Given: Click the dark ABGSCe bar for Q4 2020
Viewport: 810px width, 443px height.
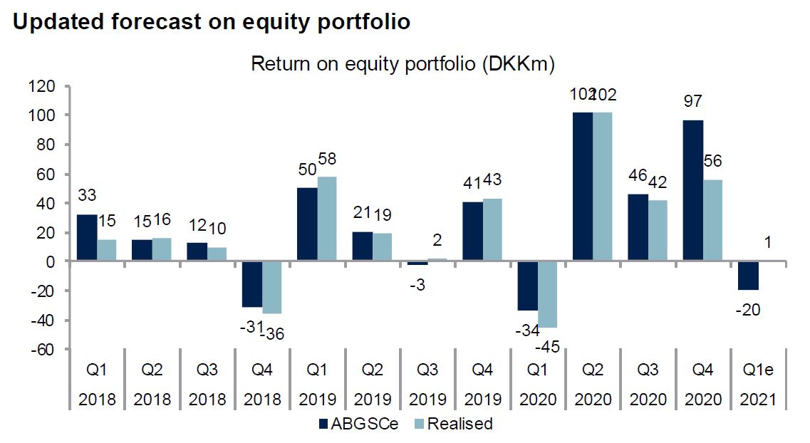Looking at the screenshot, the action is pyautogui.click(x=692, y=190).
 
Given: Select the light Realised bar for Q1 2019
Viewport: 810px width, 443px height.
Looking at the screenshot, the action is pyautogui.click(x=326, y=219).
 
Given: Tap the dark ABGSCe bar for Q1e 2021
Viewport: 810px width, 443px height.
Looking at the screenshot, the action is pyautogui.click(x=748, y=275).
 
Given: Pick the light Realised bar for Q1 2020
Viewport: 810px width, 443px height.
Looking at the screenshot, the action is pyautogui.click(x=547, y=294).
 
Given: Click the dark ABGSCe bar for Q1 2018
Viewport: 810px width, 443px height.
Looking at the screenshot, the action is pyautogui.click(x=87, y=237).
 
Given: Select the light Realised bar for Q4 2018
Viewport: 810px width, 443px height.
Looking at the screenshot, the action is pyautogui.click(x=271, y=287).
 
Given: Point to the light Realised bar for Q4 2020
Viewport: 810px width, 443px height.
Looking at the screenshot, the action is pyautogui.click(x=713, y=220).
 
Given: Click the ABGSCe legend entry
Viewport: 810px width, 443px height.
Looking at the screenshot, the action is pyautogui.click(x=358, y=424).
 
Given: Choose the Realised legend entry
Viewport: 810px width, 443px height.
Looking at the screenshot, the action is pyautogui.click(x=454, y=424).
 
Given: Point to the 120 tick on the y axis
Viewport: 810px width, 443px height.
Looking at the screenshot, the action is pyautogui.click(x=42, y=86).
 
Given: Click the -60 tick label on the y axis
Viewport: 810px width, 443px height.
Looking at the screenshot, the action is pyautogui.click(x=42, y=350).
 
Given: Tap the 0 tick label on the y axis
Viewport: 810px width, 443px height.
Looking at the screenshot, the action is pyautogui.click(x=51, y=262).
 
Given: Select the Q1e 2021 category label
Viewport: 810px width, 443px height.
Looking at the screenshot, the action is pyautogui.click(x=758, y=385).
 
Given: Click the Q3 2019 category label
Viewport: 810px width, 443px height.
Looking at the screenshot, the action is pyautogui.click(x=427, y=385).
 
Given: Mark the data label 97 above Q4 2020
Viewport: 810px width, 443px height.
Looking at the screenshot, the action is pyautogui.click(x=692, y=100).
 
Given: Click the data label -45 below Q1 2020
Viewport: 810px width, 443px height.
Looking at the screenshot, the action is pyautogui.click(x=548, y=347).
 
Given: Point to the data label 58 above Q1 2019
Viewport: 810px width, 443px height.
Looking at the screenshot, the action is pyautogui.click(x=327, y=159).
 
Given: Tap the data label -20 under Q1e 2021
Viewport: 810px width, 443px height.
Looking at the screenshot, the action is pyautogui.click(x=748, y=310).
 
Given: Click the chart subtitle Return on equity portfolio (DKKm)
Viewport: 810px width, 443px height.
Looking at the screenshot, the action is pyautogui.click(x=403, y=64).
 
